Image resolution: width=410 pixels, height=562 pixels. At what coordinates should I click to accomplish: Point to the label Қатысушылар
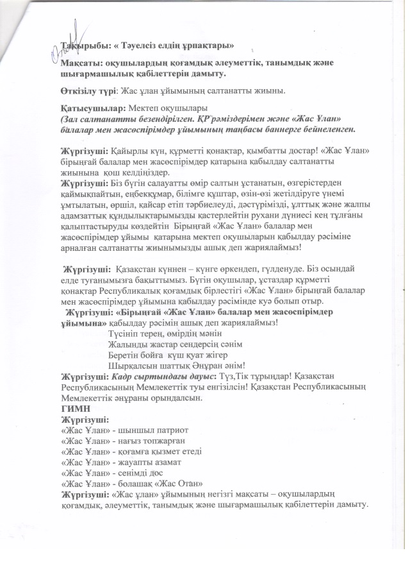[91, 110]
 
